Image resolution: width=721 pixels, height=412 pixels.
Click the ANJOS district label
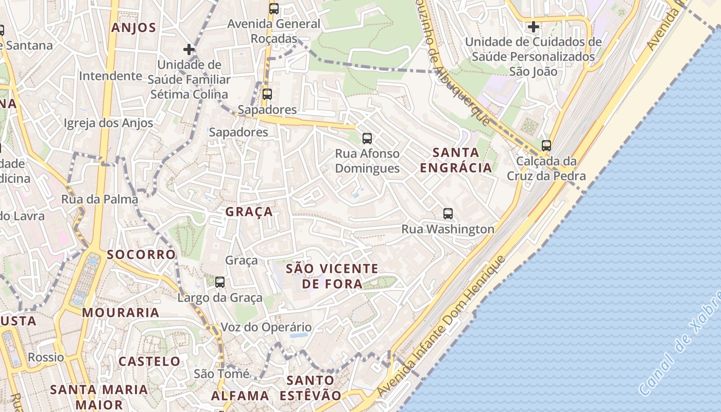[x=133, y=28]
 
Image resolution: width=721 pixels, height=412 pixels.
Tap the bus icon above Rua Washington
[x=448, y=213]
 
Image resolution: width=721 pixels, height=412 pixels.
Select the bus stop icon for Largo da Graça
[x=220, y=282]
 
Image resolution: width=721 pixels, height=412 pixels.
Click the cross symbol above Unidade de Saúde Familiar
[x=189, y=49]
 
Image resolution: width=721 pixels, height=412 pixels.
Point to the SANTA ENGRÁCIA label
[x=456, y=160]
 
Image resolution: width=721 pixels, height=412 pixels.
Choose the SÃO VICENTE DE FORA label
[x=332, y=276]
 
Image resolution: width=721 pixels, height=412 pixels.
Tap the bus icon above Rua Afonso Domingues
[x=367, y=138]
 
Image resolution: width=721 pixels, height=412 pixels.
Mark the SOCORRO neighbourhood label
[x=141, y=254]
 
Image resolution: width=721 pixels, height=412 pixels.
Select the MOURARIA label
[x=121, y=313]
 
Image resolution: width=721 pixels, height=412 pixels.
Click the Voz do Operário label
[x=266, y=327]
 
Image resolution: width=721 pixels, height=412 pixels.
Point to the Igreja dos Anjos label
[x=108, y=123]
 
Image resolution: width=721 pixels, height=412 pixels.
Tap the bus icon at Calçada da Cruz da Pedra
[x=546, y=146]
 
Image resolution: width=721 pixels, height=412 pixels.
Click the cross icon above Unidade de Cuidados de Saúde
[x=534, y=26]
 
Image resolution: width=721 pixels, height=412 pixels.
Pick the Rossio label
[x=46, y=357]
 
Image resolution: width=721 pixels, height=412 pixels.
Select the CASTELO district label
[x=149, y=361]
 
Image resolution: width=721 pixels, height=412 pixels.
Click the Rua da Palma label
[x=99, y=199]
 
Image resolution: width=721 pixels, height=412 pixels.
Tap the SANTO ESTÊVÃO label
[x=310, y=388]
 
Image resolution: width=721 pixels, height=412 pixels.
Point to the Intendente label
[x=110, y=76]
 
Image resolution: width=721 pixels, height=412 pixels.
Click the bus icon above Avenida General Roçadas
[x=274, y=9]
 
